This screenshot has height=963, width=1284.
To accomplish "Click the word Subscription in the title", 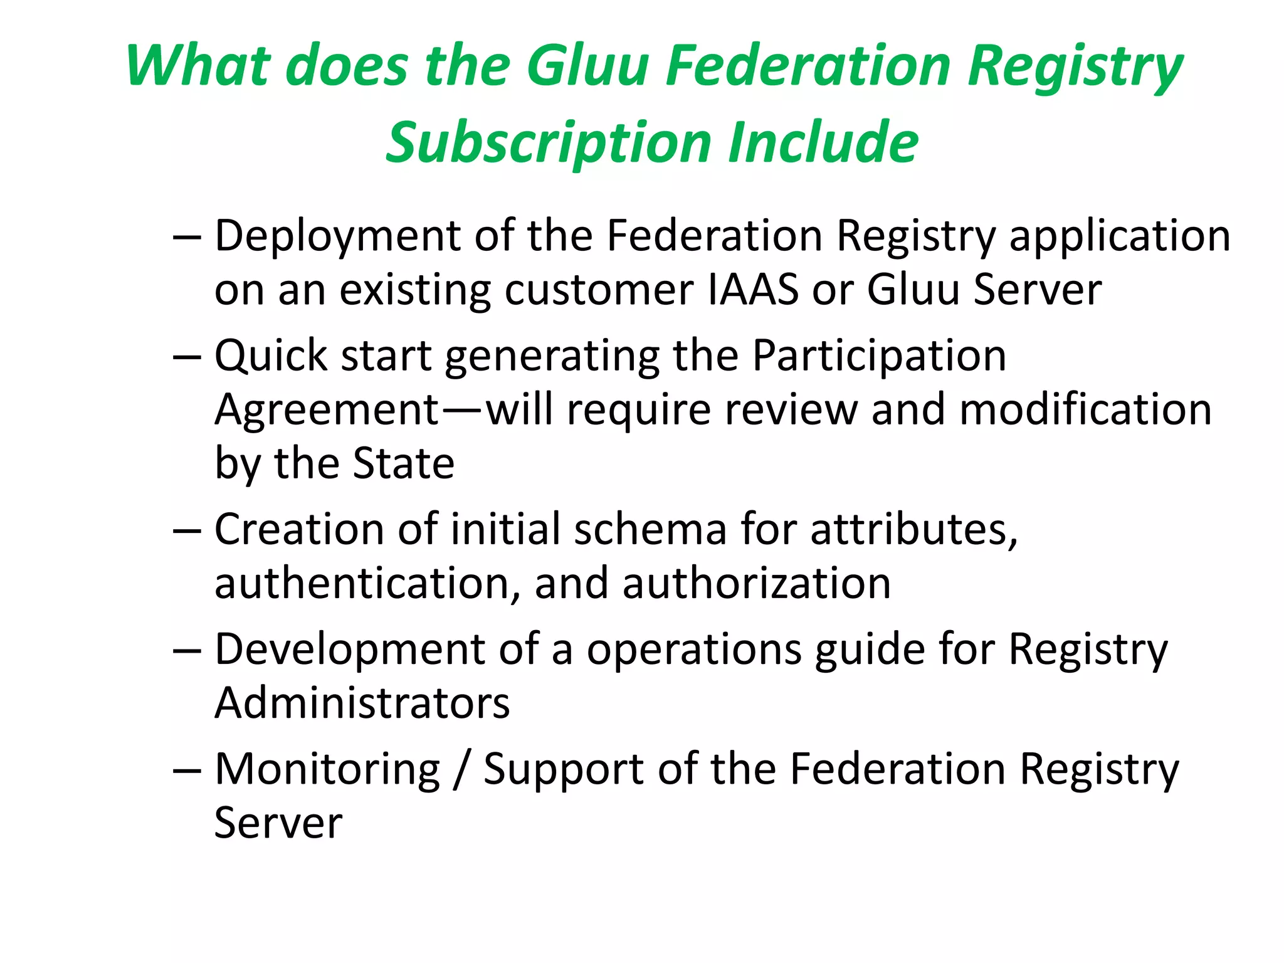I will click(549, 143).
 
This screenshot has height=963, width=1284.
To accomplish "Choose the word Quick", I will click(271, 355).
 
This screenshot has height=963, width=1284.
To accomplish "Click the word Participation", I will click(879, 355).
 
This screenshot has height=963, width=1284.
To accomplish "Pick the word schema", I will click(650, 529).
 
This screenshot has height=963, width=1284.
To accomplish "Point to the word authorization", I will click(756, 584).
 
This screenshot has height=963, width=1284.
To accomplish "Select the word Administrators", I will click(362, 703).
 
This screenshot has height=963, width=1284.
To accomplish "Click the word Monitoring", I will click(328, 769).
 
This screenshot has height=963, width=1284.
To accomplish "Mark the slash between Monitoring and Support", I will click(461, 771).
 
